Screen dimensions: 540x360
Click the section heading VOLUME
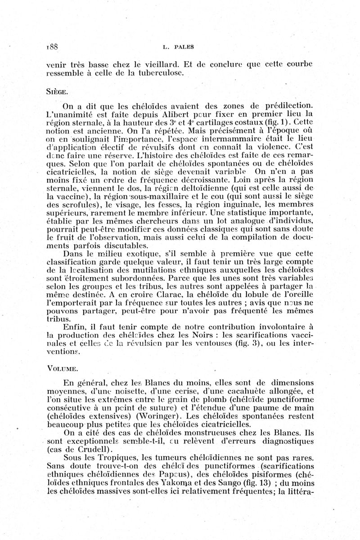[64, 368]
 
